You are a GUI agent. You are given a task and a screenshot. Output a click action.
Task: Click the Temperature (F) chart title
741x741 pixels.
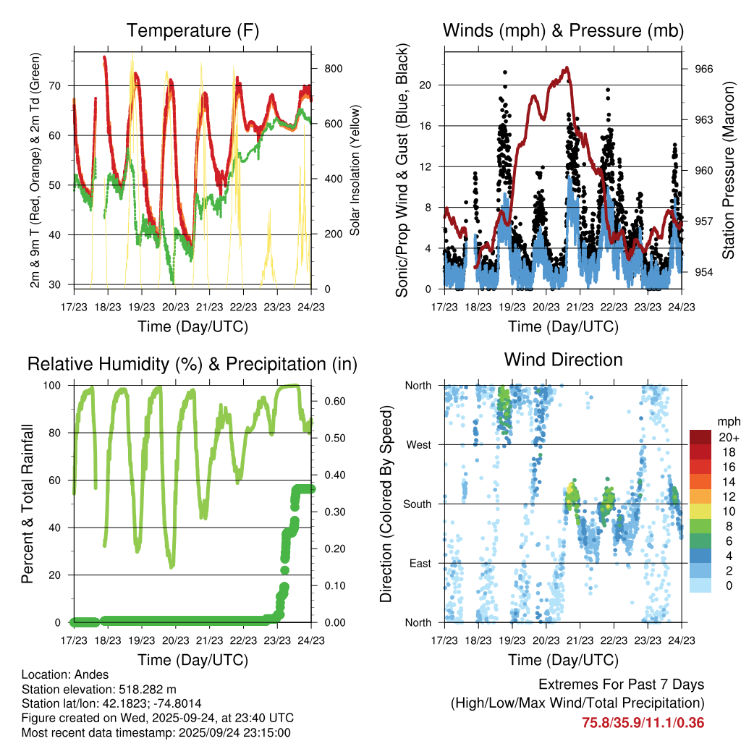pos(192,30)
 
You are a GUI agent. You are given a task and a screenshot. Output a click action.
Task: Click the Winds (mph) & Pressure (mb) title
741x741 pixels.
pos(563,30)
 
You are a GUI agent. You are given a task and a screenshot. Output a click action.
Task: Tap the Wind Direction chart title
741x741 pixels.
pos(563,360)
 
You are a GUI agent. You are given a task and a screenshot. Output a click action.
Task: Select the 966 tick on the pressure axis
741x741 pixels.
pos(704,69)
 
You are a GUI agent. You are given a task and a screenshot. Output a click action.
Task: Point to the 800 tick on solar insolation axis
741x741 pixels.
pos(333,69)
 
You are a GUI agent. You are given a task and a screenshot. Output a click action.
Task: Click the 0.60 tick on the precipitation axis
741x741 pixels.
pos(331,401)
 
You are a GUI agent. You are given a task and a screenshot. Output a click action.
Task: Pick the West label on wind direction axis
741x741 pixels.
pos(419,444)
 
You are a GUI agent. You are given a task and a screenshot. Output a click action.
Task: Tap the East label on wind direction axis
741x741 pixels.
pos(420,563)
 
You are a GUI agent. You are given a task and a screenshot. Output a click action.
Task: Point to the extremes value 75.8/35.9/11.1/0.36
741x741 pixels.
pos(643,722)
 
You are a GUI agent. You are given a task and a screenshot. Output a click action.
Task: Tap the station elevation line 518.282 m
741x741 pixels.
pos(99,689)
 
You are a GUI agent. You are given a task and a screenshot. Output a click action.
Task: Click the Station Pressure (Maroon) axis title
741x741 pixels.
pos(729,171)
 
